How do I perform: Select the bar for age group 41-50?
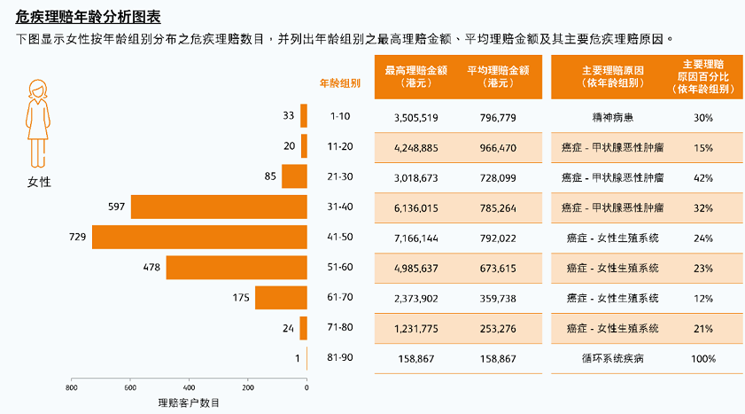(199, 238)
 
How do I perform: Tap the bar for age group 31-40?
(219, 207)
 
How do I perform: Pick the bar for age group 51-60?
(236, 268)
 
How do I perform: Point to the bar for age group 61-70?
(281, 298)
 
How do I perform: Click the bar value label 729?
(77, 238)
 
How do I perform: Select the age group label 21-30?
(340, 176)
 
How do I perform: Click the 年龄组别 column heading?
(340, 83)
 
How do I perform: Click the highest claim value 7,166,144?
(415, 238)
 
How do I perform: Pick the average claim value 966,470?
(498, 147)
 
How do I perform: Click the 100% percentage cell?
(703, 359)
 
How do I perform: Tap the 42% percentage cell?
(703, 177)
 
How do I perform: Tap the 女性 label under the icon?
(39, 182)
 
